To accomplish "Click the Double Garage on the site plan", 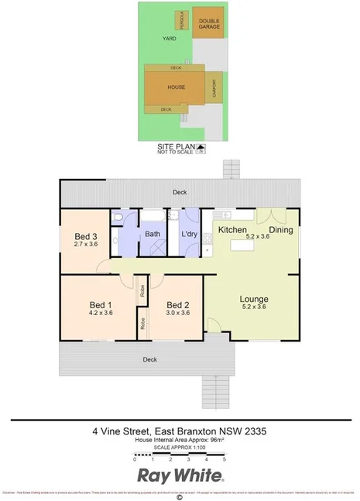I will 209,23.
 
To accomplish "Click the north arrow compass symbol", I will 202,147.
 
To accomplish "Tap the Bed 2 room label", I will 179,305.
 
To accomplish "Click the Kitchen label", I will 231,230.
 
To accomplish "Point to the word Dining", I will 280,230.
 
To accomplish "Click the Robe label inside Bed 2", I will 143,323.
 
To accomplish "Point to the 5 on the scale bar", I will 225,460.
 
